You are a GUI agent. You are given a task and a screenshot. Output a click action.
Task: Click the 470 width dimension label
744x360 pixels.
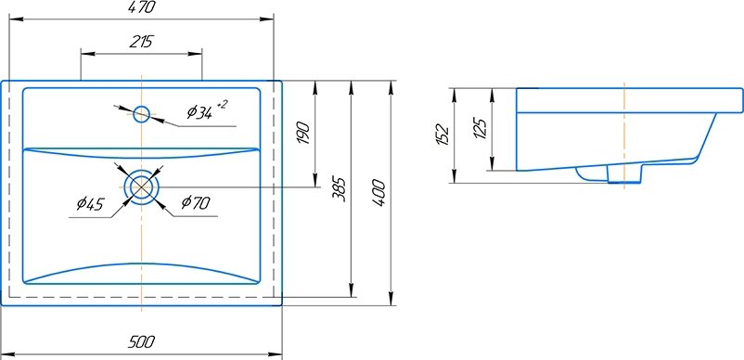click(x=141, y=7)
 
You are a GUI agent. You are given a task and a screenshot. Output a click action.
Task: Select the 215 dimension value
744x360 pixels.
click(x=141, y=42)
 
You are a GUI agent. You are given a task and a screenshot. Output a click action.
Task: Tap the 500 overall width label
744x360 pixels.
click(x=141, y=341)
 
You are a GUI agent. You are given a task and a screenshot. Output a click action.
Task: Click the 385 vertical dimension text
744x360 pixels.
click(x=340, y=189)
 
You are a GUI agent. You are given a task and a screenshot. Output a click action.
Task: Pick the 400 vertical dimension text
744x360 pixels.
click(x=378, y=192)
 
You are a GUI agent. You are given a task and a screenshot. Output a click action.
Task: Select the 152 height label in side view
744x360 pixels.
click(x=443, y=135)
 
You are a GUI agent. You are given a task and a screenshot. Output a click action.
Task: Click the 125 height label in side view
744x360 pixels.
click(x=481, y=128)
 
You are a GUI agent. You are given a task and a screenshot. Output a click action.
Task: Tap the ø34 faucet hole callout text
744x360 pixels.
click(x=199, y=112)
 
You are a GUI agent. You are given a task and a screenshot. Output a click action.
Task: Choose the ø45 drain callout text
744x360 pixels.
click(x=90, y=204)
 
